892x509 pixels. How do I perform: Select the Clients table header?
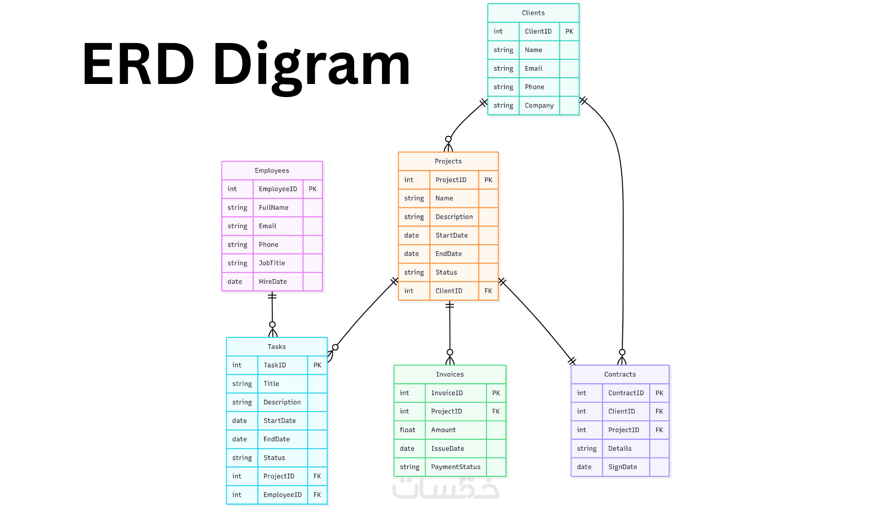(533, 13)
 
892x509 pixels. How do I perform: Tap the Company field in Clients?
(539, 105)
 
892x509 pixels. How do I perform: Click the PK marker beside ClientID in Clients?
(569, 31)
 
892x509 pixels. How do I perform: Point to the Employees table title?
(272, 171)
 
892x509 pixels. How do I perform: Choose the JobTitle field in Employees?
(272, 263)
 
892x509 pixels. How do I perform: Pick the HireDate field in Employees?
(273, 282)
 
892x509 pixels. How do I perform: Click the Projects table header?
(448, 161)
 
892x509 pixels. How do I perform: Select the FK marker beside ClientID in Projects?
(489, 291)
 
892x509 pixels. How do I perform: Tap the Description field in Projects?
(454, 217)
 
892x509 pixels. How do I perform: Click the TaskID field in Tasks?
(274, 365)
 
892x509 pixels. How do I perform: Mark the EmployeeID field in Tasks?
(282, 495)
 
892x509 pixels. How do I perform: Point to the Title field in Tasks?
(271, 384)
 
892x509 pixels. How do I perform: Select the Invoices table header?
(450, 374)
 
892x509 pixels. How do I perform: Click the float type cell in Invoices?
(408, 430)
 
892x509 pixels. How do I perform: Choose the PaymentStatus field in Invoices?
(455, 467)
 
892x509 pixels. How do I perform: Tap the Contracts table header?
(620, 374)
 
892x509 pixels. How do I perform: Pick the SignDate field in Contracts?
(622, 467)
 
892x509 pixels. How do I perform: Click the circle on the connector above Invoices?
(450, 353)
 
